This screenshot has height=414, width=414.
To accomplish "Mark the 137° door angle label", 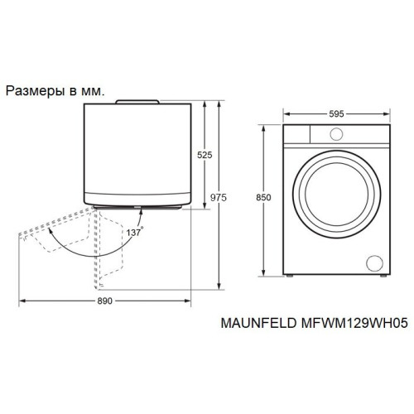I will (135, 233).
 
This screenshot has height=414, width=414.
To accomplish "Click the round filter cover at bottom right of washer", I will (373, 262).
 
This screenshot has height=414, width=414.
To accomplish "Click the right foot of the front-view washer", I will (377, 277).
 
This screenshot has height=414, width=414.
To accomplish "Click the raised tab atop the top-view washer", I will (137, 102).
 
